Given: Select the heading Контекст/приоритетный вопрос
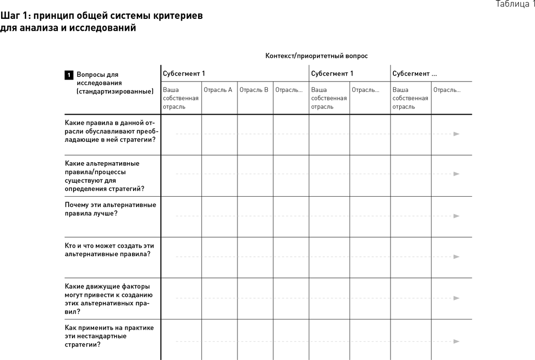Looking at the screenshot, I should pyautogui.click(x=316, y=56).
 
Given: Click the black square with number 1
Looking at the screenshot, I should pyautogui.click(x=69, y=75).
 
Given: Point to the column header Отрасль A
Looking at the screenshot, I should pyautogui.click(x=218, y=90).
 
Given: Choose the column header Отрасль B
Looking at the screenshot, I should pyautogui.click(x=254, y=90).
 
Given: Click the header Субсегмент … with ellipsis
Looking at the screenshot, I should pyautogui.click(x=414, y=74).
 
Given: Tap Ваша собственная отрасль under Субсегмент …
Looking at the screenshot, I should pyautogui.click(x=410, y=98).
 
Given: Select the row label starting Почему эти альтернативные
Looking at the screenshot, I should pyautogui.click(x=110, y=209).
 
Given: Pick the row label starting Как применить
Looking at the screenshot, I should pyautogui.click(x=109, y=336).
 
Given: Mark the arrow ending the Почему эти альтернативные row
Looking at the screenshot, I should pyautogui.click(x=456, y=216).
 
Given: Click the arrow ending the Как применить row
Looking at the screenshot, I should pyautogui.click(x=456, y=341).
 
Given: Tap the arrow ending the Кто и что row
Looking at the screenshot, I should pyautogui.click(x=456, y=257).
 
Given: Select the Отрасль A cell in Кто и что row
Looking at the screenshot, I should pyautogui.click(x=219, y=257).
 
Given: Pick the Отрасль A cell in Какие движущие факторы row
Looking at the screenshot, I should pyautogui.click(x=219, y=298).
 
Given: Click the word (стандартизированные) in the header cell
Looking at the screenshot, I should pyautogui.click(x=115, y=91).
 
